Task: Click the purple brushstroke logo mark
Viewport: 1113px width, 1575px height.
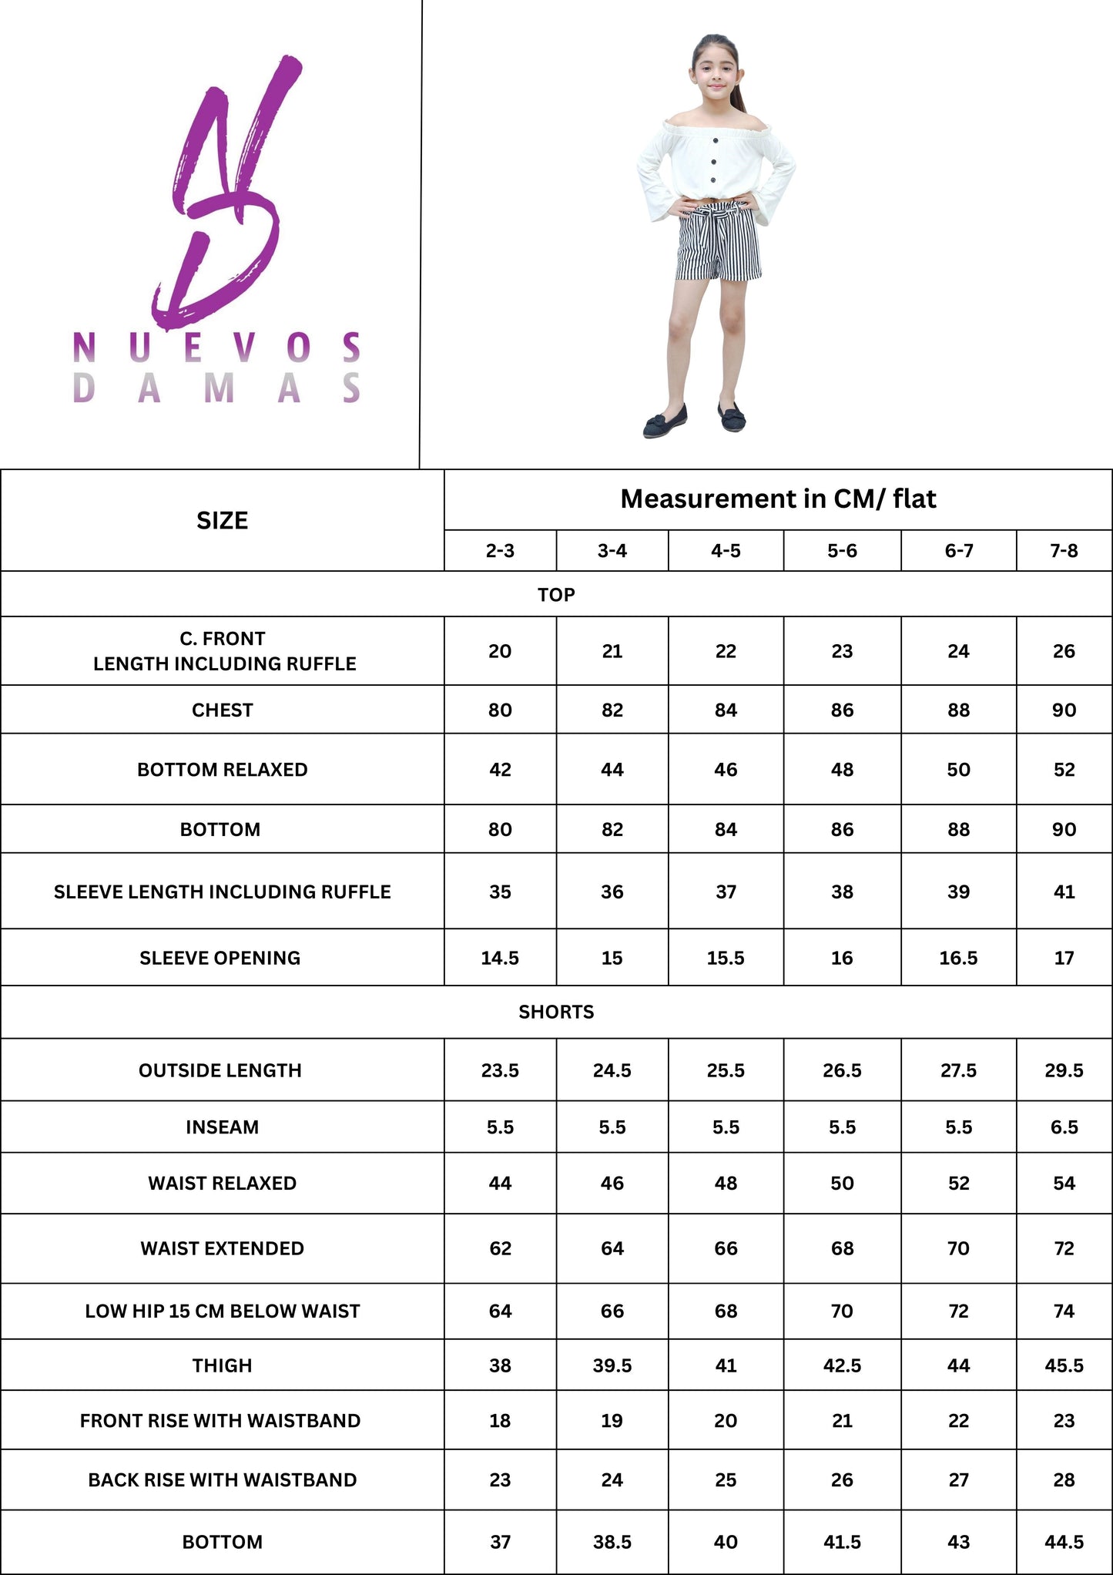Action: [x=223, y=193]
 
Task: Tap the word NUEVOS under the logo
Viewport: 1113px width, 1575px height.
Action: [x=216, y=348]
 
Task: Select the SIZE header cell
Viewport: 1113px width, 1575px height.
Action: [x=222, y=521]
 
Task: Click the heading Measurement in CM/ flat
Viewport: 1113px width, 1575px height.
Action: [x=778, y=499]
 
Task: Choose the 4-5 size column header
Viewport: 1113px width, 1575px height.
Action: [x=726, y=551]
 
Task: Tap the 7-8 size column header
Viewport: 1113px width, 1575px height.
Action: [x=1064, y=551]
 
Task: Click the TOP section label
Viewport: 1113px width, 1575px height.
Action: [x=556, y=595]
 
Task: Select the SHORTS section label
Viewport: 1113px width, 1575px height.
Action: [x=556, y=1012]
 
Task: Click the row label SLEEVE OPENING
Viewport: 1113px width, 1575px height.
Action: [x=220, y=958]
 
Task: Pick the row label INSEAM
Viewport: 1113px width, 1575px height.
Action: [x=222, y=1127]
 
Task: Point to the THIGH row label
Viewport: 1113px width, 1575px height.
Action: [x=222, y=1365]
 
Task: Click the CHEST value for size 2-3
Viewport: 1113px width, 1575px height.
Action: [x=500, y=710]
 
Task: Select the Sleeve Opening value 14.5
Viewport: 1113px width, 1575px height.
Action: [x=500, y=958]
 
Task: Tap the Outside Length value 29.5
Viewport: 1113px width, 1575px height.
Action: [x=1064, y=1070]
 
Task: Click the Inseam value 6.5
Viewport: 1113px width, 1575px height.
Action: [x=1064, y=1127]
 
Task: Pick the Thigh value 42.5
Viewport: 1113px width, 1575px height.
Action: [x=842, y=1365]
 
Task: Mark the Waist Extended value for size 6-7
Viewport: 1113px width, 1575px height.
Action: [x=958, y=1248]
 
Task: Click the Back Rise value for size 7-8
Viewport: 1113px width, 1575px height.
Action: [x=1064, y=1479]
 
